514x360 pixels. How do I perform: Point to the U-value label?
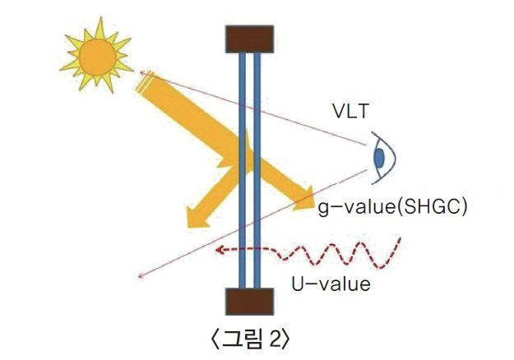[331, 284]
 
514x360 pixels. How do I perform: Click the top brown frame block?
[248, 38]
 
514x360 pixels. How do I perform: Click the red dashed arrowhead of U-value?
[220, 250]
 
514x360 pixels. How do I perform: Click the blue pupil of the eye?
[379, 155]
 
